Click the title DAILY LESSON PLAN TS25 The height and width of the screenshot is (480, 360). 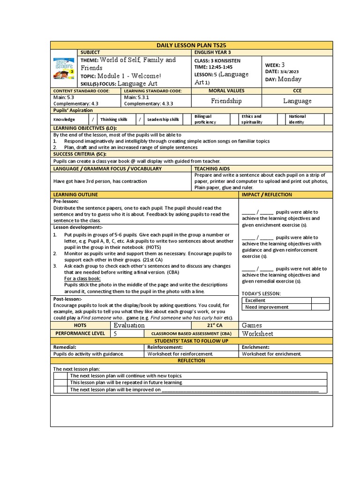click(x=191, y=45)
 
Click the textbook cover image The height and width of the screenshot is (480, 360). click(x=63, y=70)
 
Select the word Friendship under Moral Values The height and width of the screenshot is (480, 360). click(x=226, y=101)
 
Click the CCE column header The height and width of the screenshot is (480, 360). click(x=298, y=90)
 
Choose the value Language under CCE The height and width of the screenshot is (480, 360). click(x=297, y=101)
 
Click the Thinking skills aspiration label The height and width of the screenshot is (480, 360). click(x=115, y=120)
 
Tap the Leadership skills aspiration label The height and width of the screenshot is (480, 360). click(x=163, y=120)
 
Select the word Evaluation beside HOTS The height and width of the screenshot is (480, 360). click(x=129, y=325)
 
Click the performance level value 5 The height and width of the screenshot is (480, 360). click(x=115, y=334)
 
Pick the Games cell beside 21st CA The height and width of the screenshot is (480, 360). click(x=252, y=325)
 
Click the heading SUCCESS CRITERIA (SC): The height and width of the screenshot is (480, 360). click(x=80, y=154)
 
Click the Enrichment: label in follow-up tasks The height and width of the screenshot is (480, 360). click(x=256, y=347)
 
